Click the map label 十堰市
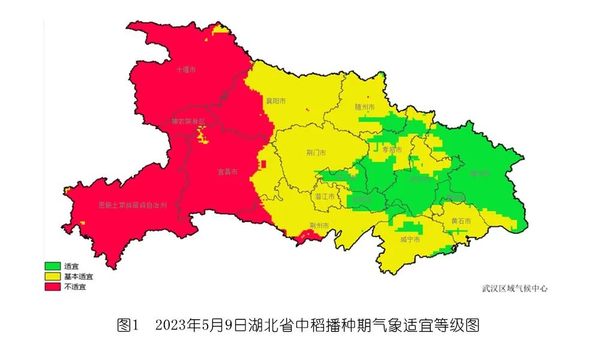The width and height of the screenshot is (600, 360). click(x=186, y=70)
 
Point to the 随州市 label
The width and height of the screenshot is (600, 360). click(x=365, y=107)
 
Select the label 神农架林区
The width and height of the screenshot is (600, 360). click(x=188, y=121)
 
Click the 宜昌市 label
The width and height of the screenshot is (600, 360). click(x=227, y=172)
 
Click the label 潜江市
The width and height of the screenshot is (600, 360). click(x=325, y=196)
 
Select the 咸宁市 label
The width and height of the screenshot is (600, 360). click(x=410, y=239)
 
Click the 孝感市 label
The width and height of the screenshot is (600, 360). click(x=401, y=149)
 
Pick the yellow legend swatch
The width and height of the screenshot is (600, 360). click(x=52, y=277)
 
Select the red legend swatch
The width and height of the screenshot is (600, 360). click(x=52, y=287)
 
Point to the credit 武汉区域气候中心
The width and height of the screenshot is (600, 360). click(x=515, y=288)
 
